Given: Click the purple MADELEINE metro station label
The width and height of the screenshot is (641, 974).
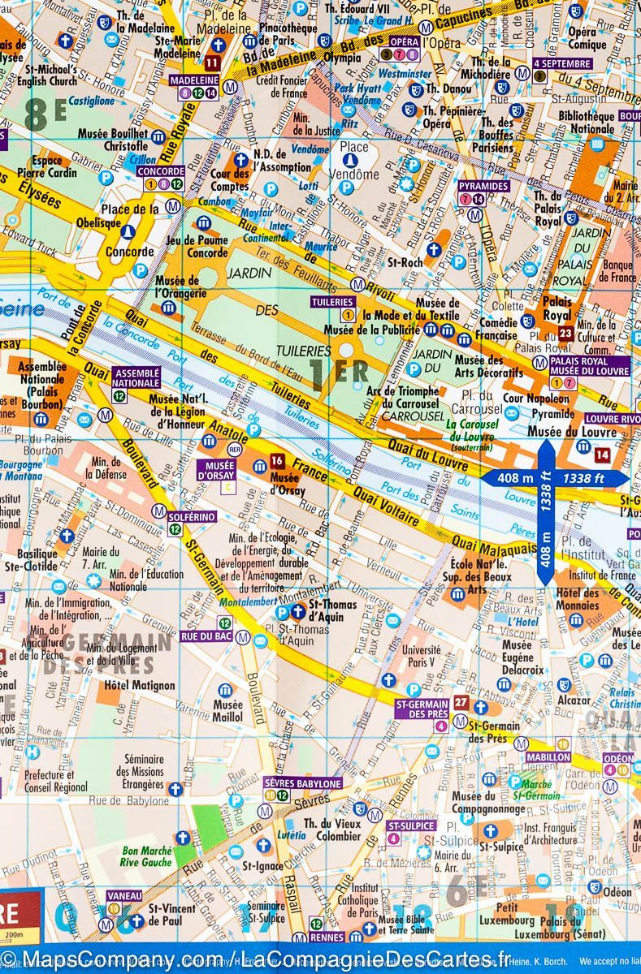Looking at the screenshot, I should click(193, 81).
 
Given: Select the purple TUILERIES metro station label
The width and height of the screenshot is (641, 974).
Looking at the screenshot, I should click(333, 302).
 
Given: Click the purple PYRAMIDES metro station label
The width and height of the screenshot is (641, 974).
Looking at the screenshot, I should click(483, 186).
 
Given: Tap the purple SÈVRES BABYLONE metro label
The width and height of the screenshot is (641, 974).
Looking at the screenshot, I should click(303, 783).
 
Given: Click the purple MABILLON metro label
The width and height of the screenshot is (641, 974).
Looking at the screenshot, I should click(548, 756).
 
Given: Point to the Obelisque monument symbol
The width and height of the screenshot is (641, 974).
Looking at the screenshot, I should click(127, 232).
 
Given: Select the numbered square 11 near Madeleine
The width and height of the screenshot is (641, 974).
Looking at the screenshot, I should click(212, 62).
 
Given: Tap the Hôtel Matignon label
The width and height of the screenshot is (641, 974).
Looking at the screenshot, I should click(140, 685).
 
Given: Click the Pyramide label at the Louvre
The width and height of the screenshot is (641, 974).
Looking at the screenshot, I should click(552, 413).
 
